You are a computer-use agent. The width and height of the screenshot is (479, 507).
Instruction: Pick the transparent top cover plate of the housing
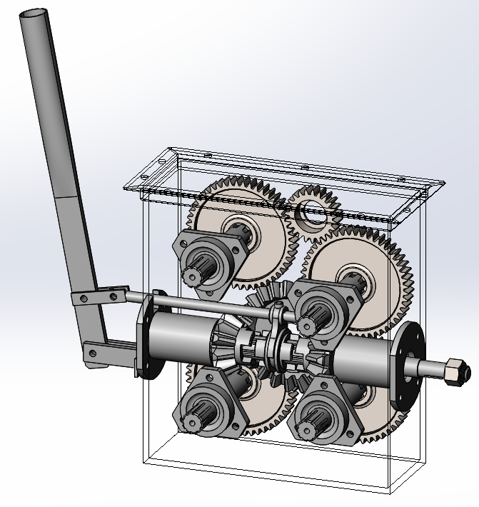(x=286, y=179)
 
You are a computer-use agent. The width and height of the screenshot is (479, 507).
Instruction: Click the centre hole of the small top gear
(x=312, y=211)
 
